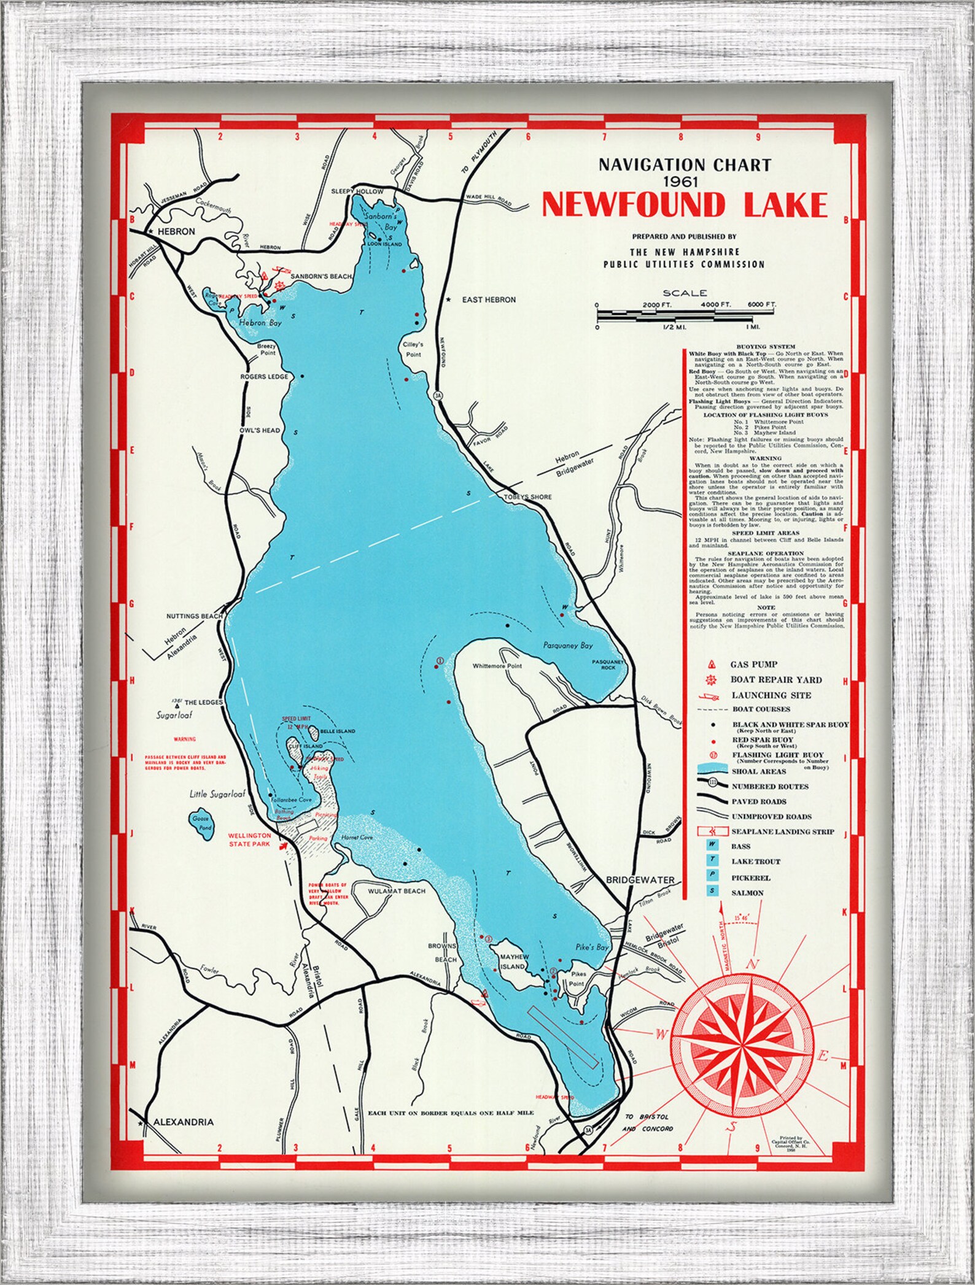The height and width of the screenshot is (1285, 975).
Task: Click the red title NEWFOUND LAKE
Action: click(684, 205)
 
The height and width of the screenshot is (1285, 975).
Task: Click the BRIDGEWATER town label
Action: click(640, 879)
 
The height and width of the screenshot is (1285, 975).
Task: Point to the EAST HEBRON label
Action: click(488, 299)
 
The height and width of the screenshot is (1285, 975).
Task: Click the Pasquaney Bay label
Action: click(568, 646)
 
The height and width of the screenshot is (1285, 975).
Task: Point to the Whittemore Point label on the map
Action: click(497, 666)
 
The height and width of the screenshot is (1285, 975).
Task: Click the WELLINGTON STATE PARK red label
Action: click(249, 839)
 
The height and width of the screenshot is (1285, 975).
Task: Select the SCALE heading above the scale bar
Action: click(685, 293)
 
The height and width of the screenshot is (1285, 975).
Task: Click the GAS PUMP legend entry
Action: click(753, 664)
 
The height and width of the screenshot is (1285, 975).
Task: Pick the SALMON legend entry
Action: click(747, 893)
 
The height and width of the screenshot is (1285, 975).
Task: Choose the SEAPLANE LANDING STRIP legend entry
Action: click(782, 832)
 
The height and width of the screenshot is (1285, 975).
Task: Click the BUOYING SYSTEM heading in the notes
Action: click(765, 347)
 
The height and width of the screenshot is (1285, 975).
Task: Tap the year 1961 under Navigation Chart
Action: click(685, 181)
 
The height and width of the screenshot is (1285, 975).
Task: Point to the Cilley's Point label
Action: click(413, 349)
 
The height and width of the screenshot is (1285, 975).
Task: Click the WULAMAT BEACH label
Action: click(396, 890)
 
